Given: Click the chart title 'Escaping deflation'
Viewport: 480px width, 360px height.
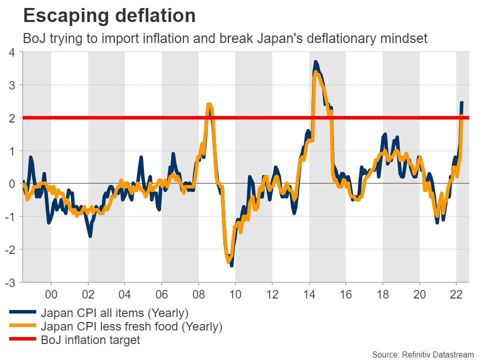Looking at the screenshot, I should coord(109,16).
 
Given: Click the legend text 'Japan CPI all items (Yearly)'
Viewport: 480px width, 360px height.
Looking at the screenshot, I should coord(114,313).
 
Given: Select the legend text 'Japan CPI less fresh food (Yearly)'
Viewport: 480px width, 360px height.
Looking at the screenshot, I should coord(131,327).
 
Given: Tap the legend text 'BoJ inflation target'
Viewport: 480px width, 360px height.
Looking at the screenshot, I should coord(90,340).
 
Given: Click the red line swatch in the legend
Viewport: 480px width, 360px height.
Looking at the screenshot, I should coord(22,340).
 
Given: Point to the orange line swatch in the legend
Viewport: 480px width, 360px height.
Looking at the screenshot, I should coord(22,327).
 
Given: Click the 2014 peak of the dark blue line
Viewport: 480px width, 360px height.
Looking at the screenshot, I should coord(315,62).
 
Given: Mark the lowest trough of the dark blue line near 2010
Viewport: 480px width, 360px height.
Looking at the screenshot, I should coord(231,265).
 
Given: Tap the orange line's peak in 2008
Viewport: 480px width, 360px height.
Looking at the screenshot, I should coord(209,104).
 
